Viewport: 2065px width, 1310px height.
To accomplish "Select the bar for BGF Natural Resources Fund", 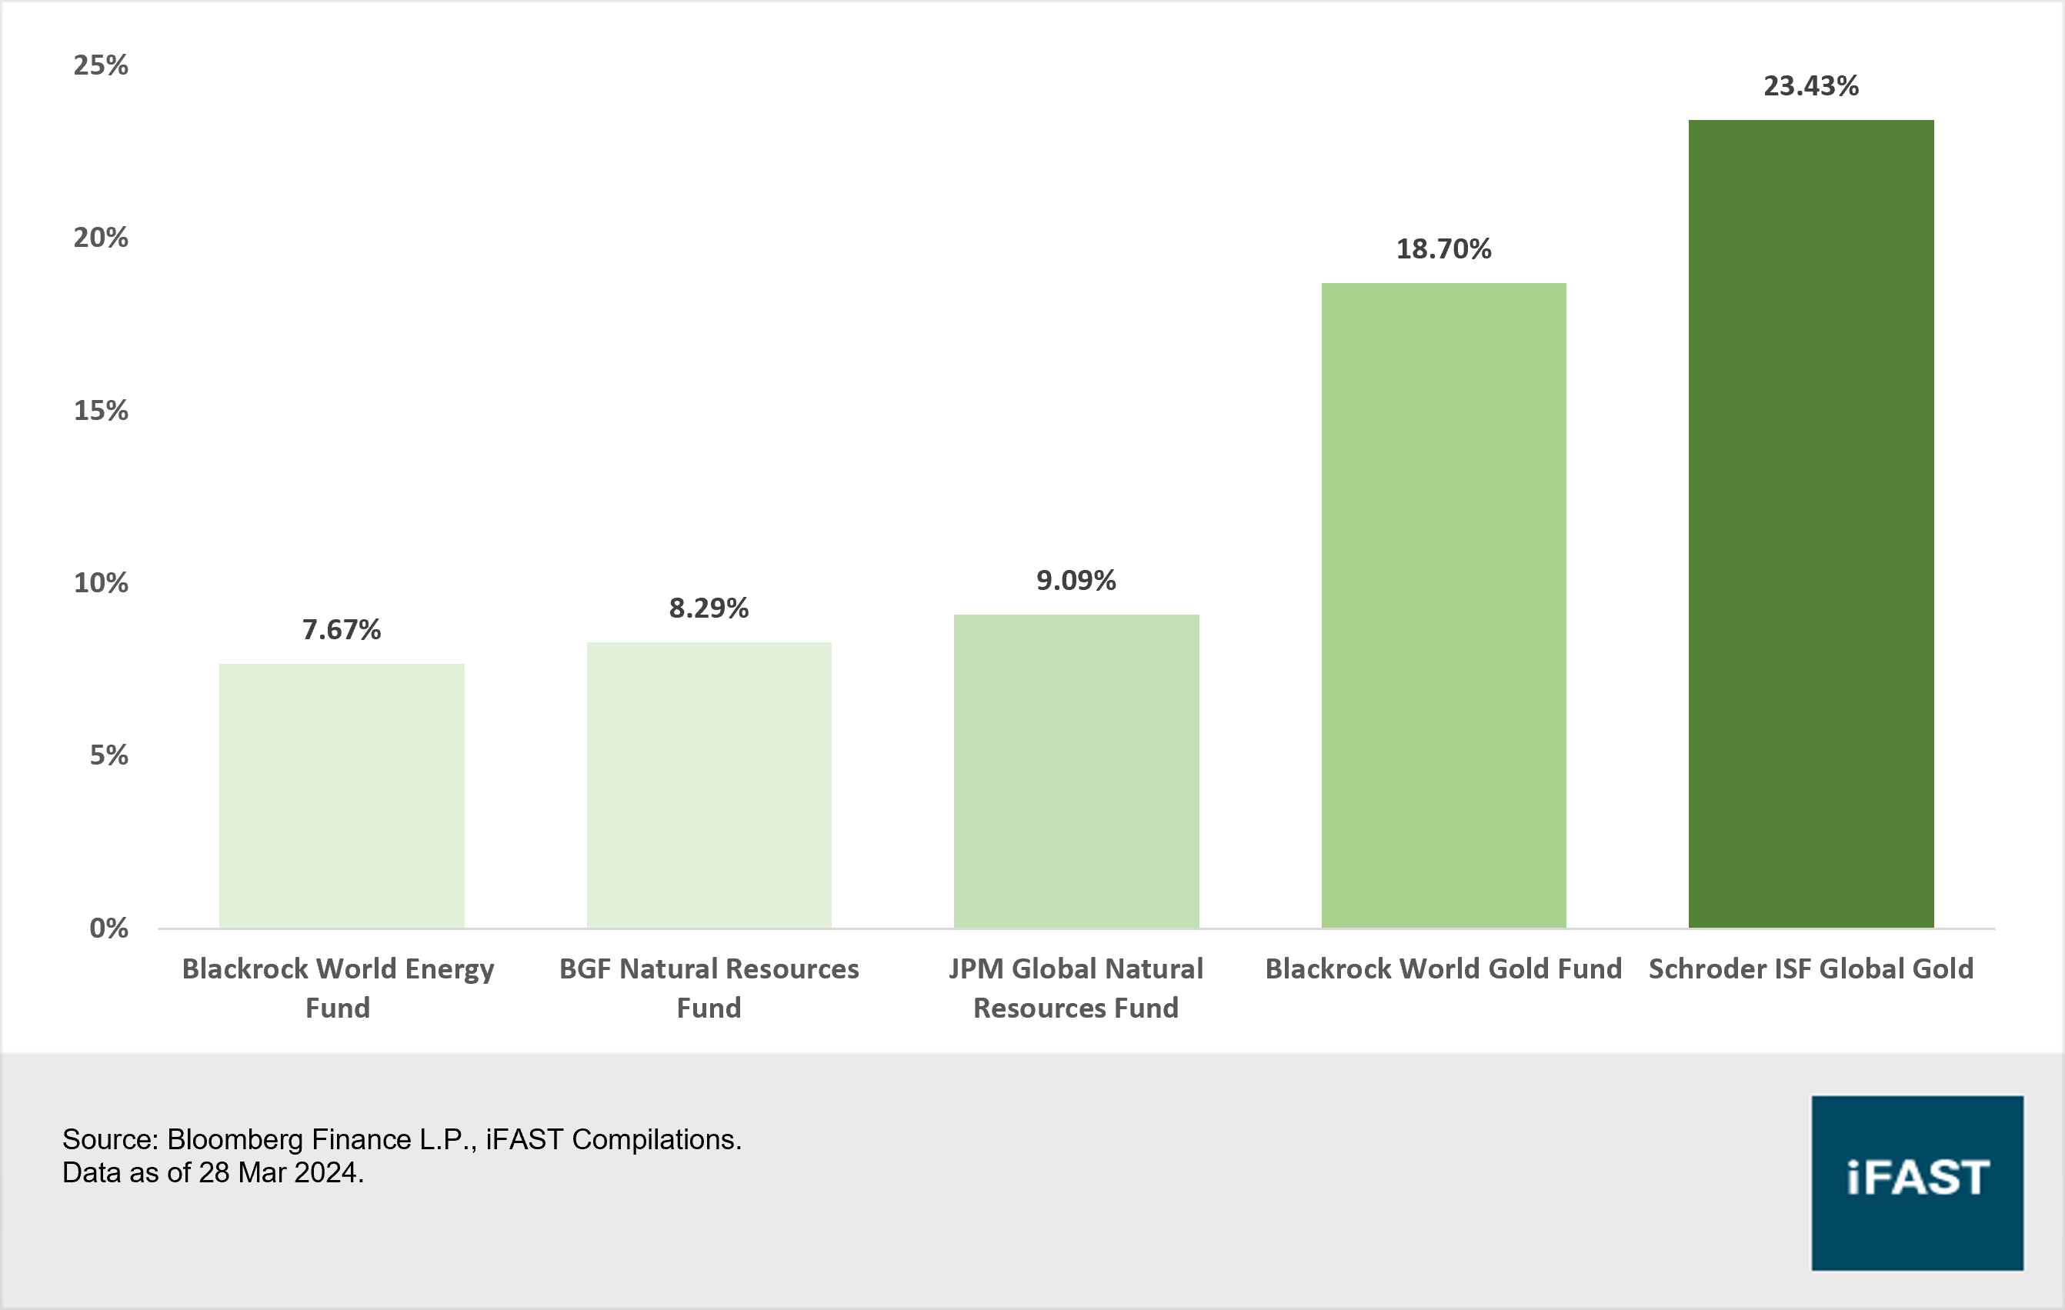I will coord(709,785).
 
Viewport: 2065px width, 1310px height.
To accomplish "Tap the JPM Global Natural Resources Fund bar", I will coord(1076,771).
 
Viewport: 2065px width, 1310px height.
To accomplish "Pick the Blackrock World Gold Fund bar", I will coord(1443,605).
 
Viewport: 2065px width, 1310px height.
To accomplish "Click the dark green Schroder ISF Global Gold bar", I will coord(1810,523).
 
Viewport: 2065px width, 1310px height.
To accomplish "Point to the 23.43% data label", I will coord(1810,85).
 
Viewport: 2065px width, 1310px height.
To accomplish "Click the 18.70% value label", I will coord(1443,248).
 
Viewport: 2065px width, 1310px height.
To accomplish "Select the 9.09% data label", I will coord(1076,581).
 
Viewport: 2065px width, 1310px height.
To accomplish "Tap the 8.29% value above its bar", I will coord(709,608).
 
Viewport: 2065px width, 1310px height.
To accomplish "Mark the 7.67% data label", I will coord(342,630).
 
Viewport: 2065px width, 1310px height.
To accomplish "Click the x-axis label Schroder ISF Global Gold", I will coord(1810,968).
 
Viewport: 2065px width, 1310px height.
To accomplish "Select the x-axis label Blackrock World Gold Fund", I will coord(1443,968).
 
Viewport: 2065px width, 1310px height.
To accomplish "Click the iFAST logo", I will coord(1917,1182).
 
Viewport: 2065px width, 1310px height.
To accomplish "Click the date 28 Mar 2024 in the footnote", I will coord(279,1173).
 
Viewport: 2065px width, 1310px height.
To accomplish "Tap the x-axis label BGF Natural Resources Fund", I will coord(709,988).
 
